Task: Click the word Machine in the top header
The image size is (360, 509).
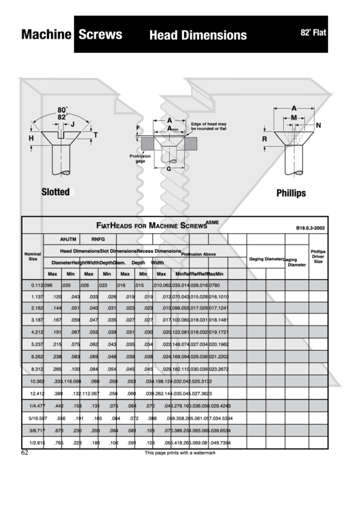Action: [x=46, y=35]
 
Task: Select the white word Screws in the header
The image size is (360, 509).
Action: [x=100, y=35]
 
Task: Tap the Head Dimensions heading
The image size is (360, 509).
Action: [x=198, y=35]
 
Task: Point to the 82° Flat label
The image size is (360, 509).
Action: [x=313, y=32]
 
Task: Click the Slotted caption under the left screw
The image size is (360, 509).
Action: [x=56, y=192]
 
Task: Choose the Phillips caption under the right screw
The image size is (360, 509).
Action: [x=291, y=193]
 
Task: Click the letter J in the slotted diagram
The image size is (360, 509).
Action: [x=73, y=124]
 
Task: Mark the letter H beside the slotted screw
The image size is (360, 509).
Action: [x=31, y=138]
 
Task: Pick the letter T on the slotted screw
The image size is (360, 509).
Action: [x=95, y=135]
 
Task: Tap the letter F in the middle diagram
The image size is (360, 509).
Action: [x=138, y=128]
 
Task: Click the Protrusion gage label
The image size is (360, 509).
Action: [x=140, y=158]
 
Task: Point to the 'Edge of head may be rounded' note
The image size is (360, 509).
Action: [x=209, y=126]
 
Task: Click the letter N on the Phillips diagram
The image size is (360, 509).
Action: [x=318, y=126]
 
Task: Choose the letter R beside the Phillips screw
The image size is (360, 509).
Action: [x=264, y=139]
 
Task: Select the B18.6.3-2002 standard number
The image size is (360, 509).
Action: [x=310, y=228]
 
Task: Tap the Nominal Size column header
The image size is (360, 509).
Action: [x=33, y=256]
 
